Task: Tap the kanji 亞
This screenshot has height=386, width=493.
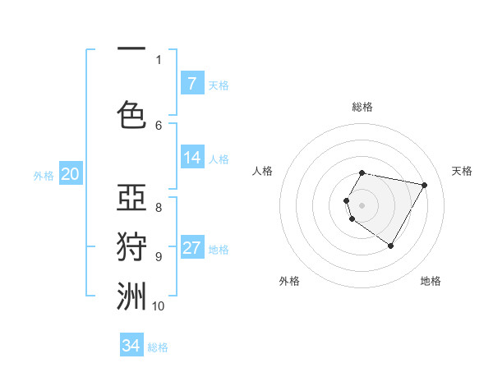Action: coord(131,198)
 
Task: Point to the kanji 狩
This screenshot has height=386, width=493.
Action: coord(131,246)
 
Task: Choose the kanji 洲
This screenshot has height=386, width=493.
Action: coord(131,296)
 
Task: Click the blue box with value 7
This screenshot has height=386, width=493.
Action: coord(191,83)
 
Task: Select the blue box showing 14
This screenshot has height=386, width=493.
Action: coord(191,158)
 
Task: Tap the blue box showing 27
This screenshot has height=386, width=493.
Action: coord(191,248)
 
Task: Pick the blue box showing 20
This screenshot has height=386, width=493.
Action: coord(70,173)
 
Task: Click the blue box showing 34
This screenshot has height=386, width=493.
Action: coord(131,346)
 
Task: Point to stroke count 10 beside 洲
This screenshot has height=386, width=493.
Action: coord(158,306)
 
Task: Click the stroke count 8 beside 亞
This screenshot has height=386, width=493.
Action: coord(159,207)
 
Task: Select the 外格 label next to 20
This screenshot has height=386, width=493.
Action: coord(44,175)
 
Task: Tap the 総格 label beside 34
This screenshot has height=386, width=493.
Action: coord(158,347)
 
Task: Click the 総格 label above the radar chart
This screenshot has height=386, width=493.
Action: coord(362,107)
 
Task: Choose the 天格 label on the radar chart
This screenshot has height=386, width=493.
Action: coord(462,171)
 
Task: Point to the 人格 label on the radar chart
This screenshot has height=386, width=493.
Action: coord(263,171)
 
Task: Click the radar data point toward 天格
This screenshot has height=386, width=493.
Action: coord(424,185)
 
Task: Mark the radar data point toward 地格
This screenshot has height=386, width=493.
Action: coord(390,246)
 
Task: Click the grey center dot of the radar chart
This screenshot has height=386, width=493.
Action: coord(362,204)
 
